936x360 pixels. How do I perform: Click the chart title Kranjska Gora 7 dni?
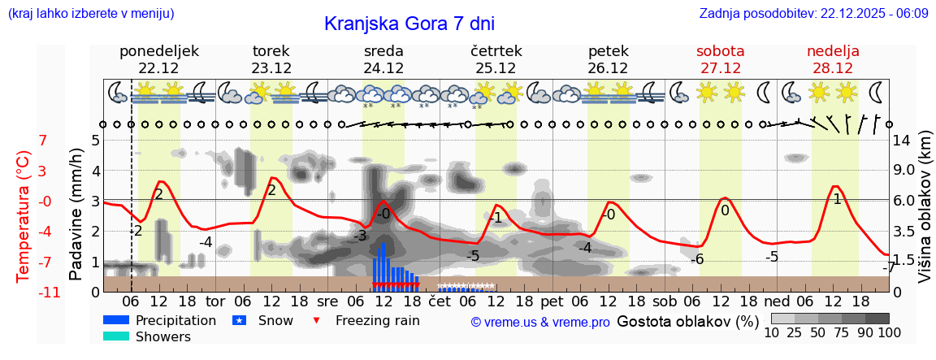point(409,24)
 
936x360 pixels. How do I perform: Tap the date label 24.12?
point(383,68)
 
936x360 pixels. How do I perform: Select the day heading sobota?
point(721,51)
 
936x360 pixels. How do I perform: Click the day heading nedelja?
point(833,51)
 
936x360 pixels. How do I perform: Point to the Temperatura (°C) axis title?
point(24,215)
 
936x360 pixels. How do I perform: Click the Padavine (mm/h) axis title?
point(76,214)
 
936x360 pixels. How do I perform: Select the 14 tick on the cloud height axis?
point(903,140)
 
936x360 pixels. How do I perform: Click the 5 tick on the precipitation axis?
point(94,140)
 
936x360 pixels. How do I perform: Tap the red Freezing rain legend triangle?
point(318,320)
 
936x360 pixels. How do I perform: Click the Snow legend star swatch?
point(239,320)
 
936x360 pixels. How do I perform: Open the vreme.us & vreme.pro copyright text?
point(540,322)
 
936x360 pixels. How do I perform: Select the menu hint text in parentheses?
point(91,14)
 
